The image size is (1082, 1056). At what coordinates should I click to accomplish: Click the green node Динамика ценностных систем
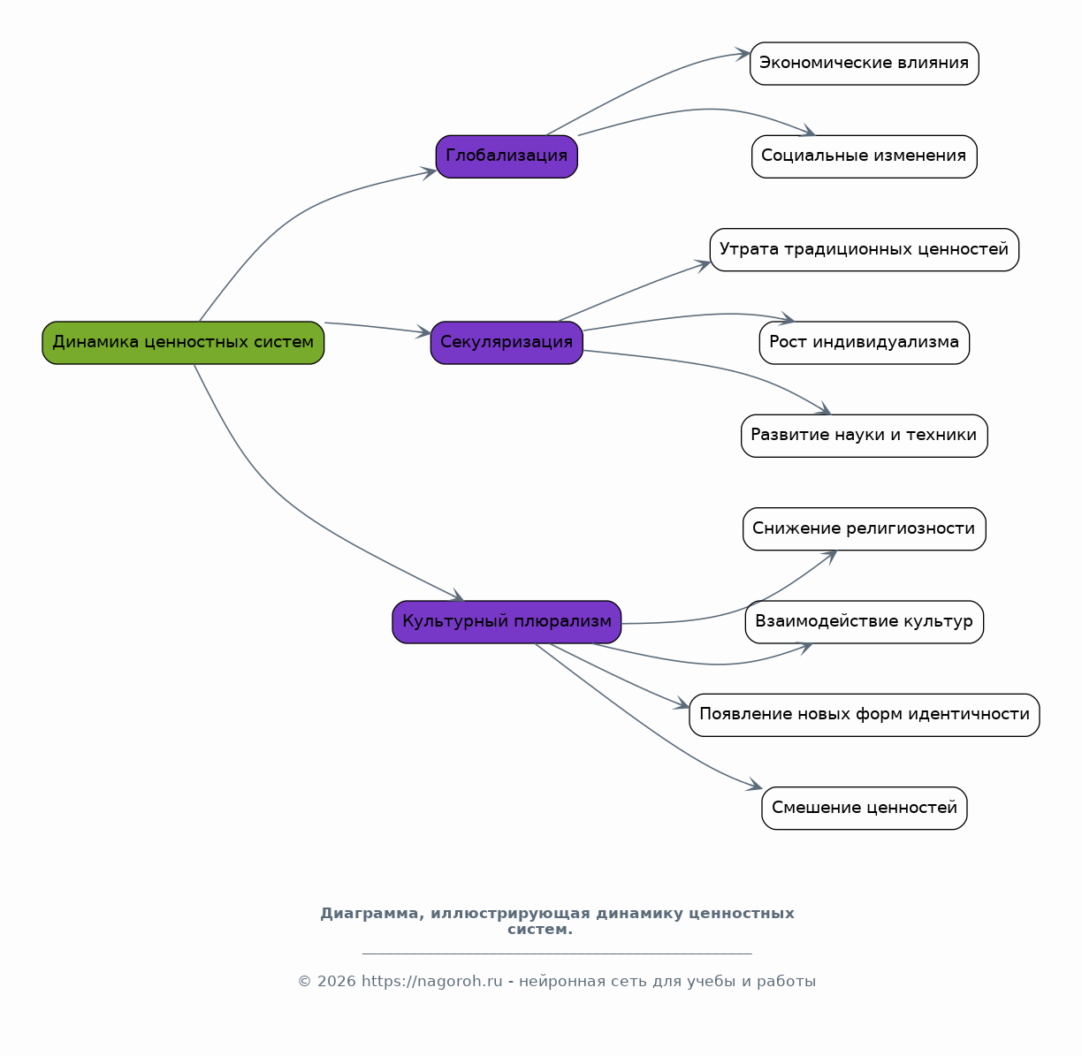click(183, 343)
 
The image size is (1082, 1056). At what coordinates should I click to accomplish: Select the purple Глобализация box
click(507, 156)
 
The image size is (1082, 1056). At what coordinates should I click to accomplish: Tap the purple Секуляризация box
click(507, 343)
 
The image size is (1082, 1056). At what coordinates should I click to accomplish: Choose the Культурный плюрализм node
click(507, 622)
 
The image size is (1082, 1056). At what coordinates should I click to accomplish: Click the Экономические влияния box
click(864, 64)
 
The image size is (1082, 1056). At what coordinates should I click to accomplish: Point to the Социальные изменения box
click(864, 156)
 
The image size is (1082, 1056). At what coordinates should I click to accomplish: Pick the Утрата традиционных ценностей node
click(864, 249)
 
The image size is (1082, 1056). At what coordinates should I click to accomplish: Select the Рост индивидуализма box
click(864, 343)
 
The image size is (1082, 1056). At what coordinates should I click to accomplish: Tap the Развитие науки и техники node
click(864, 436)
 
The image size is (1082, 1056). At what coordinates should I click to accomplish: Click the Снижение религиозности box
click(864, 529)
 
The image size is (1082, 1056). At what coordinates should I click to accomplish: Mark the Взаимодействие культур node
click(864, 622)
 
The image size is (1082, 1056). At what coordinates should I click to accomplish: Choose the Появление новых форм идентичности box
click(864, 715)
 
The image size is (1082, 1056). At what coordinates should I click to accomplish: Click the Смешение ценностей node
click(864, 808)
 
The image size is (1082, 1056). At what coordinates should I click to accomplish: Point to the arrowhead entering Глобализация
click(429, 173)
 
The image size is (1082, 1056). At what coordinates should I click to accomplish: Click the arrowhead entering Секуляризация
click(423, 331)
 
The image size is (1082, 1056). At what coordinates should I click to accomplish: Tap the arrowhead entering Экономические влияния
click(743, 54)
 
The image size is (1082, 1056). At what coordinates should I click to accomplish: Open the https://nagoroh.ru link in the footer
click(432, 982)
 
